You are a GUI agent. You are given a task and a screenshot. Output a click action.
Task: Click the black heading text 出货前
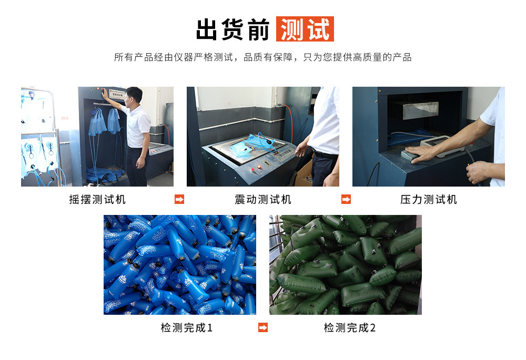233,29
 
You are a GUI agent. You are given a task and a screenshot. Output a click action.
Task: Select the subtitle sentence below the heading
262,57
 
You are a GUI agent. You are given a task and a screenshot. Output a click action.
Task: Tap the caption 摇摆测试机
97,200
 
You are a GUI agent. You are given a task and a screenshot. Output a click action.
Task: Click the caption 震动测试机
262,200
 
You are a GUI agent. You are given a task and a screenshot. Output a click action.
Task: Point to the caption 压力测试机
428,200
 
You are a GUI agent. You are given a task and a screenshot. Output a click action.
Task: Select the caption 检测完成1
186,328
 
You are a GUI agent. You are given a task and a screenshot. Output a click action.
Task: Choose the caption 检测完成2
350,328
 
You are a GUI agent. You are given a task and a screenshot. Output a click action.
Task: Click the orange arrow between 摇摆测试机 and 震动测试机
179,200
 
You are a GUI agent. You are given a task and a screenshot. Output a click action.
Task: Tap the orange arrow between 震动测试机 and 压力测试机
346,200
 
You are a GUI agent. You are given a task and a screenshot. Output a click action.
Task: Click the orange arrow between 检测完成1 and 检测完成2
263,328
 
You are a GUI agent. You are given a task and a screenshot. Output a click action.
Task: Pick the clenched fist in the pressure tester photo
478,172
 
